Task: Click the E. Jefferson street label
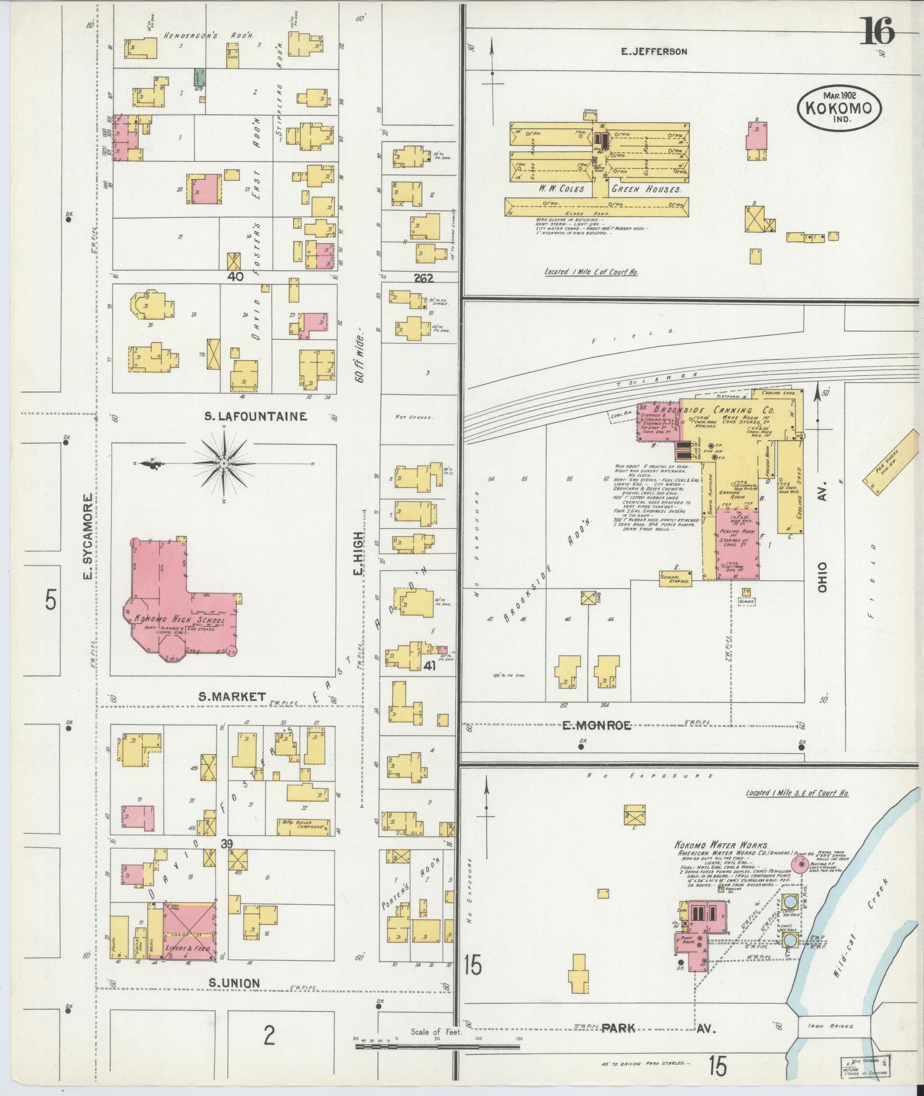click(654, 52)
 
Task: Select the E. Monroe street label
click(596, 726)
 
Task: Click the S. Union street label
click(234, 984)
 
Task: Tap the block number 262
click(423, 278)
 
